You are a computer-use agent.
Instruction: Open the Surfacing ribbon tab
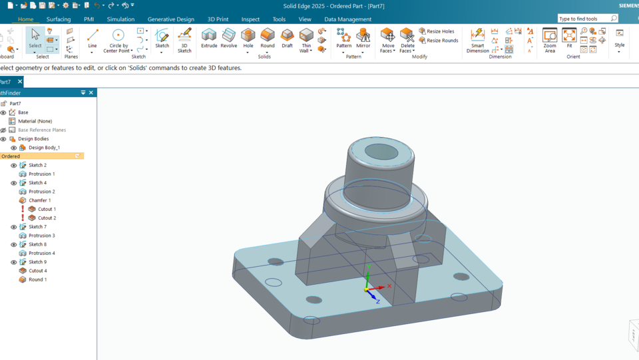pyautogui.click(x=59, y=19)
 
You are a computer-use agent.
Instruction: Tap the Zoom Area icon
pyautogui.click(x=550, y=39)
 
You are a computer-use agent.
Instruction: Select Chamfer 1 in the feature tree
pyautogui.click(x=39, y=200)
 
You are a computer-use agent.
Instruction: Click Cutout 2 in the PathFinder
pyautogui.click(x=47, y=218)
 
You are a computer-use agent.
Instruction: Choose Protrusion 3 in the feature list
pyautogui.click(x=41, y=236)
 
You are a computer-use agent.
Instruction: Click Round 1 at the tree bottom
pyautogui.click(x=37, y=280)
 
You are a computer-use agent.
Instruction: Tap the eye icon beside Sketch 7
pyautogui.click(x=13, y=227)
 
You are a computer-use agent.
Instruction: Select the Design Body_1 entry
pyautogui.click(x=44, y=148)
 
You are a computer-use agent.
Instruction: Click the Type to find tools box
pyautogui.click(x=584, y=19)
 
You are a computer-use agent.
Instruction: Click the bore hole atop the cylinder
pyautogui.click(x=381, y=152)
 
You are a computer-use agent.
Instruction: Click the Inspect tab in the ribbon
pyautogui.click(x=250, y=19)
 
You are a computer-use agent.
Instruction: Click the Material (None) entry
pyautogui.click(x=35, y=121)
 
